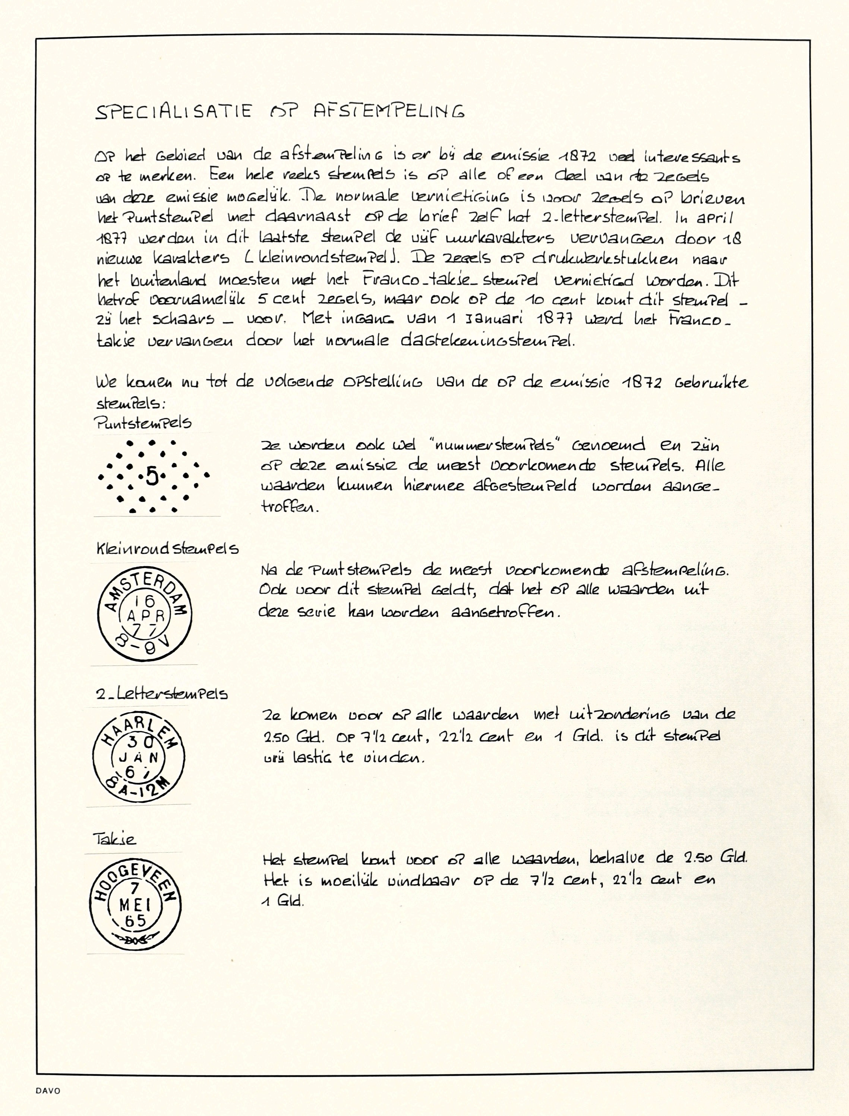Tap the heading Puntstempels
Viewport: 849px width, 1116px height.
(x=143, y=423)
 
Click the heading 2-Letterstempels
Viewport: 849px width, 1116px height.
(x=162, y=694)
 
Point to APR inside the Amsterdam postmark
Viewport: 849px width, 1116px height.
(x=146, y=616)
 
